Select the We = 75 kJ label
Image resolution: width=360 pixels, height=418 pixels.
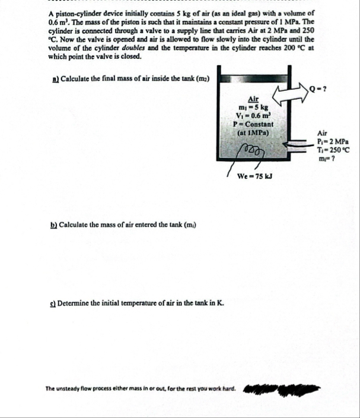[254, 176]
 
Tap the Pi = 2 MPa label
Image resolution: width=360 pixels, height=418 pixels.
[332, 142]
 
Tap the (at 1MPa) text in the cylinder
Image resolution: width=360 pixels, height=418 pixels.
[254, 132]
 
